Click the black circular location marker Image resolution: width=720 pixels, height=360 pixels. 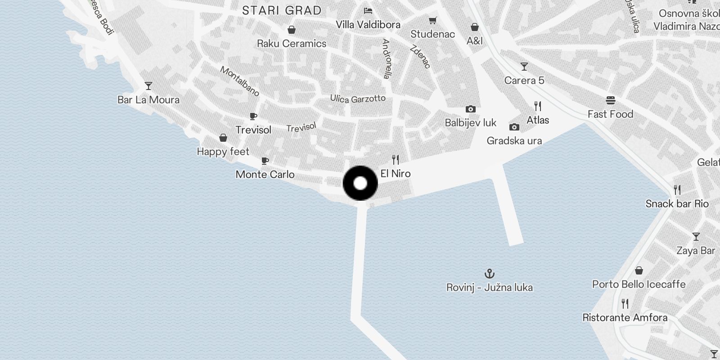pos(360,183)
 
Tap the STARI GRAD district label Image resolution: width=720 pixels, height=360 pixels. pos(282,10)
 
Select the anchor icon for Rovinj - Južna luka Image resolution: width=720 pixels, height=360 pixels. pos(489,273)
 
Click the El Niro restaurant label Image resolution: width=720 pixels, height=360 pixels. pos(396,174)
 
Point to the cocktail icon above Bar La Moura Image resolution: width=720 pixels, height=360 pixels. pos(148,85)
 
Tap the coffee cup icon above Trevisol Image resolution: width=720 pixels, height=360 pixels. pos(253,116)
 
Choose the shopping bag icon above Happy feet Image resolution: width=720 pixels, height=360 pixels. pos(223,138)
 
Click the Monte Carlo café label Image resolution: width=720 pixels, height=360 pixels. pos(265,175)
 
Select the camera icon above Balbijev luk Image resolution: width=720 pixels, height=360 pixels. pos(470,109)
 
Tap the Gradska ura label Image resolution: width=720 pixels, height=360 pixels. pos(514,141)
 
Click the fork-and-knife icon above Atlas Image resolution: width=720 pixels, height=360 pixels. pos(538,106)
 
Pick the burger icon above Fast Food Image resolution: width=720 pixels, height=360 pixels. pos(610,100)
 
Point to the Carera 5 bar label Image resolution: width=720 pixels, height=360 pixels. pos(524,81)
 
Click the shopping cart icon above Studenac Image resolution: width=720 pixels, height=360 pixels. pos(432,20)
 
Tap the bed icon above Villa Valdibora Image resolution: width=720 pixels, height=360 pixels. pos(368,10)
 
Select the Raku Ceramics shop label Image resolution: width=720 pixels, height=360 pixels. pos(292,44)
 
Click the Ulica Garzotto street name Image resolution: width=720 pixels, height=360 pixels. pos(358,99)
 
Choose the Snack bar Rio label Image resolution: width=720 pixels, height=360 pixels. pos(677,204)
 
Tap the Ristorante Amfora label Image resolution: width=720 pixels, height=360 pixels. pos(625,318)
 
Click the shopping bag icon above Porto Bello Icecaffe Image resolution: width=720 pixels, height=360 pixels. pos(639,270)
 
